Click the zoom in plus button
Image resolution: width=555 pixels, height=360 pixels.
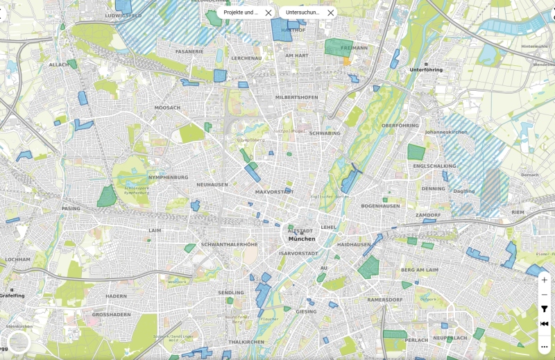544,280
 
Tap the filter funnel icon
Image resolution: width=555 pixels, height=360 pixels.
544,309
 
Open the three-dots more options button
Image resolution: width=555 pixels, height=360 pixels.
544,346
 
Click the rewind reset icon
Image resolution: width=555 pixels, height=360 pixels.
544,324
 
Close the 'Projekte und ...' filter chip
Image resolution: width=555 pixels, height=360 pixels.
268,12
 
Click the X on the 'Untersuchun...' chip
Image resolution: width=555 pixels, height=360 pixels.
330,12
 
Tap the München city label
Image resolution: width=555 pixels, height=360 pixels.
302,239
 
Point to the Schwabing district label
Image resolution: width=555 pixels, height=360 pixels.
325,133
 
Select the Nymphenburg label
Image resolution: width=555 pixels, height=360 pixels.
168,177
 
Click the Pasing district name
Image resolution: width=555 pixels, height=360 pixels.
71,208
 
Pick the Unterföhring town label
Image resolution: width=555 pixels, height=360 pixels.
427,70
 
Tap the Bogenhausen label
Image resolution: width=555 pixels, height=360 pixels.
380,206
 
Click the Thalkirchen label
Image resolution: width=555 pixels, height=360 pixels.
244,342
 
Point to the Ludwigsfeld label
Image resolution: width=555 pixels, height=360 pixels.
123,15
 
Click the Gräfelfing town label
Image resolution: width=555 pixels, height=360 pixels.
12,295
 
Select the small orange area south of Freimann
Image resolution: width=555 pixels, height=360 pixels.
346,61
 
